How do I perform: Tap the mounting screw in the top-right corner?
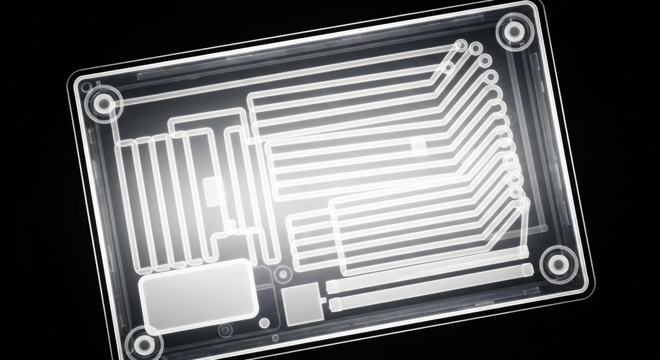pyautogui.click(x=515, y=31)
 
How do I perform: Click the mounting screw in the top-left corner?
pyautogui.click(x=102, y=104)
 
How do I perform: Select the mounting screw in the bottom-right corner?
pyautogui.click(x=558, y=265)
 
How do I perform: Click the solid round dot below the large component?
pyautogui.click(x=264, y=323)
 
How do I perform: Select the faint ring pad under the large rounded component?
pyautogui.click(x=225, y=330)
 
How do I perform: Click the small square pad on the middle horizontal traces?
pyautogui.click(x=418, y=143)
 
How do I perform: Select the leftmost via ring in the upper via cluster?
pyautogui.click(x=448, y=68)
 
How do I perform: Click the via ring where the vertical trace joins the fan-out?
pyautogui.click(x=524, y=202)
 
